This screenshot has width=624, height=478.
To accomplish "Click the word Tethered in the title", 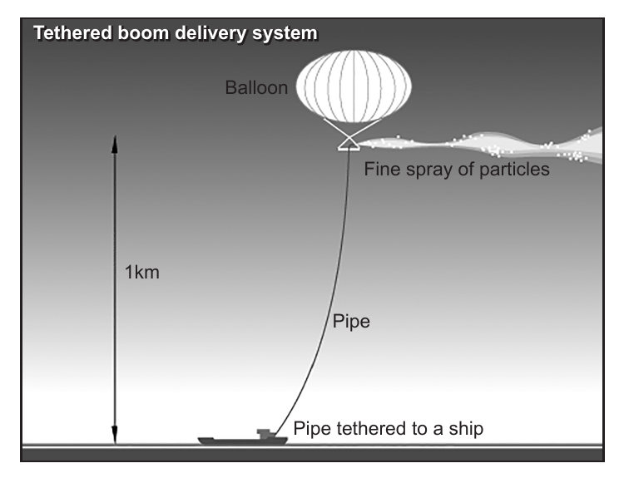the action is click(x=72, y=33).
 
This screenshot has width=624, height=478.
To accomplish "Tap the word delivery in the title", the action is click(x=211, y=34).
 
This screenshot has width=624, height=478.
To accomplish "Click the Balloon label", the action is click(x=256, y=87).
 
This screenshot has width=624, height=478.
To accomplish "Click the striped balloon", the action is click(x=354, y=86).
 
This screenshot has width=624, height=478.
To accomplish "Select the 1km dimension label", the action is click(x=142, y=273).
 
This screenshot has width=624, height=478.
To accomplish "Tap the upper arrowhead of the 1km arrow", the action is click(x=115, y=145).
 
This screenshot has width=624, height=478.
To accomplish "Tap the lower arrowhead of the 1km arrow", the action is click(x=115, y=435).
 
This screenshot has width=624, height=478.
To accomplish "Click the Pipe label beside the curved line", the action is click(x=351, y=322).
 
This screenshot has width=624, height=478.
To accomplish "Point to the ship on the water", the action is click(x=242, y=437).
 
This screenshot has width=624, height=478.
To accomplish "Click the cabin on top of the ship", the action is click(x=265, y=433).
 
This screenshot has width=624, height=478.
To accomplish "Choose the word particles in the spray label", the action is click(x=514, y=170).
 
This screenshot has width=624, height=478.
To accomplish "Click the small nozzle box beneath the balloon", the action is click(x=349, y=148).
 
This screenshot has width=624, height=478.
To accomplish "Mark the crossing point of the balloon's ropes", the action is click(x=349, y=139).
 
